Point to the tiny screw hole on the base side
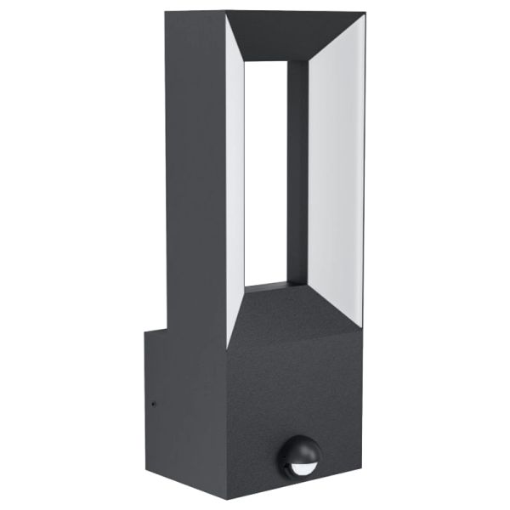(x=153, y=404)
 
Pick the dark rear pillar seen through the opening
(x=297, y=170)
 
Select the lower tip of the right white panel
(x=361, y=325)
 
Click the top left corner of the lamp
(x=167, y=14)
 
